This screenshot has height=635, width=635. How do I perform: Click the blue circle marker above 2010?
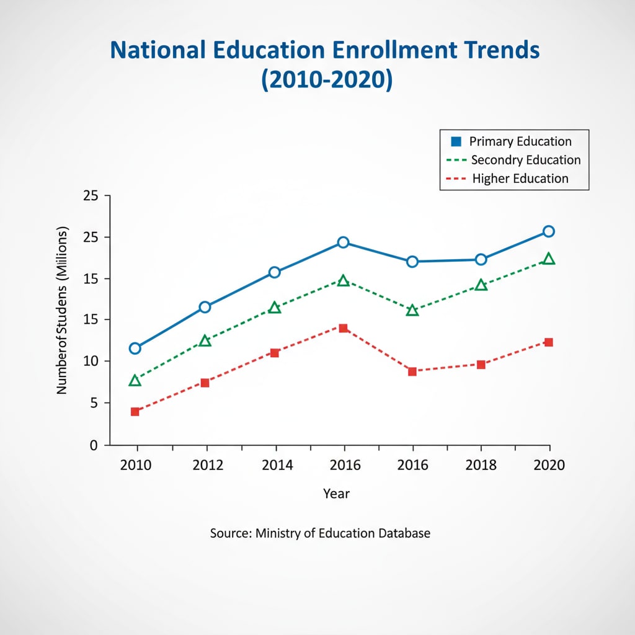[x=135, y=349]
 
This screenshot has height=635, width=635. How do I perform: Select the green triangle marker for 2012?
[x=205, y=340]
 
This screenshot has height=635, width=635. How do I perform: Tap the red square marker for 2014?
[x=275, y=353]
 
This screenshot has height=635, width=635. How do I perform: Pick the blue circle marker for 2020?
[x=548, y=231]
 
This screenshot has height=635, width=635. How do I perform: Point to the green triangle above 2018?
[x=481, y=285]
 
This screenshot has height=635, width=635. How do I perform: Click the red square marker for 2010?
[x=135, y=412]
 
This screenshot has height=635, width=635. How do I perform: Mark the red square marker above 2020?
[x=548, y=342]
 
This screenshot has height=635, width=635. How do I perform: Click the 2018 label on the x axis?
[x=481, y=465]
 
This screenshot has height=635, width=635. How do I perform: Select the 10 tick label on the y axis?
[x=91, y=362]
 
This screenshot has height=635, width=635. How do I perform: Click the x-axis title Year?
[x=336, y=494]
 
